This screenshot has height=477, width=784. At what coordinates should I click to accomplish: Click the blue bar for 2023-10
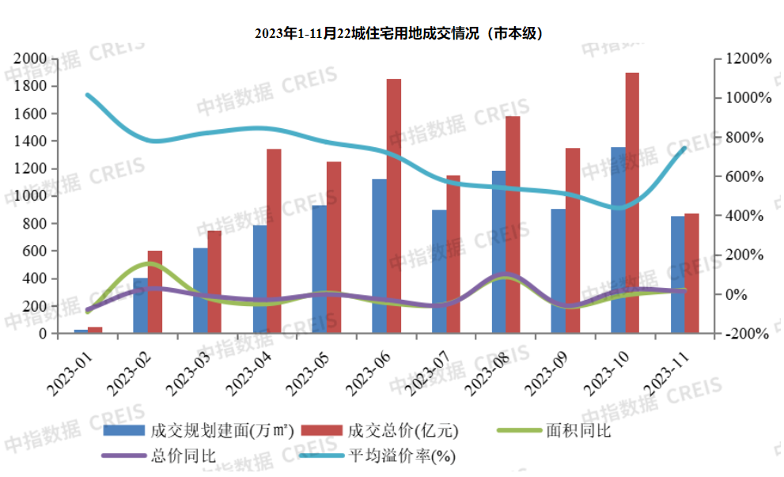pos(618,240)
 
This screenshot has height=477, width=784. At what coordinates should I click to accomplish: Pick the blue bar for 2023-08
pos(498,252)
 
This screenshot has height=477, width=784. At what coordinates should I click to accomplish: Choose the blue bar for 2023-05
pos(319,269)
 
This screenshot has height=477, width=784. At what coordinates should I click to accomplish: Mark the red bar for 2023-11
pos(692,273)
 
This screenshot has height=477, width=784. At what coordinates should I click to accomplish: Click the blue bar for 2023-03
pos(199,290)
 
